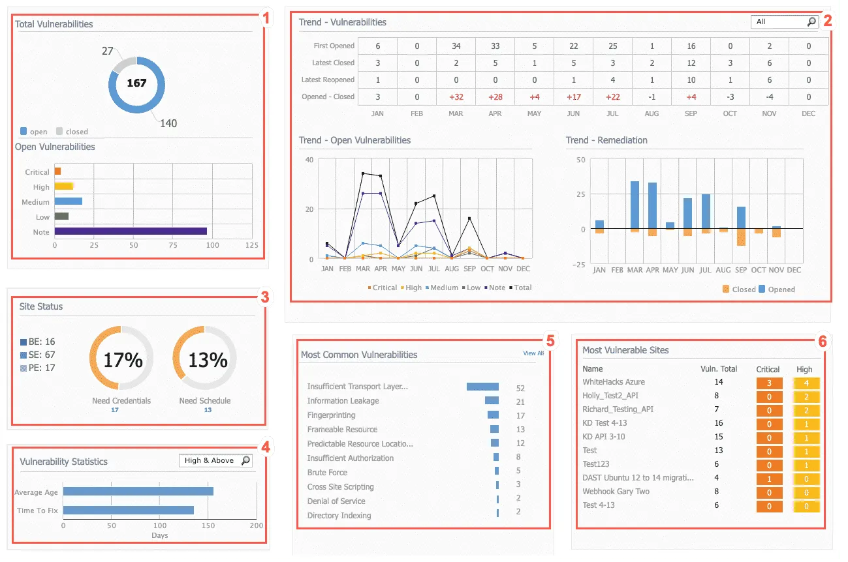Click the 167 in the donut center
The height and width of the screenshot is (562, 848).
click(x=136, y=83)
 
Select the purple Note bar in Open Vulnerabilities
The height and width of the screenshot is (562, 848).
click(x=131, y=231)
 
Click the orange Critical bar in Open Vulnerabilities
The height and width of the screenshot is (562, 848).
click(x=57, y=171)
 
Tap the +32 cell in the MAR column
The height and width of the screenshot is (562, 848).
click(x=456, y=96)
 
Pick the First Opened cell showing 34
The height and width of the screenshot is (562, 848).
click(x=456, y=46)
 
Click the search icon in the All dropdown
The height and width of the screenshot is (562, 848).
click(x=811, y=22)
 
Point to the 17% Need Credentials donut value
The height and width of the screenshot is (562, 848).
click(x=123, y=359)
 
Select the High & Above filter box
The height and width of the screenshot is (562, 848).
click(x=215, y=460)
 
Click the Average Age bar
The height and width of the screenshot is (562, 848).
click(x=138, y=492)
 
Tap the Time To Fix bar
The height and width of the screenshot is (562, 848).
click(x=128, y=510)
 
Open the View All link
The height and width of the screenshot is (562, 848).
click(x=533, y=353)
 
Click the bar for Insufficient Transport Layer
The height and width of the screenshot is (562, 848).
click(x=482, y=387)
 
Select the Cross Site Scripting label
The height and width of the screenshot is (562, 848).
click(x=340, y=487)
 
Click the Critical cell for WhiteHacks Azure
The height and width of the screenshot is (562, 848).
click(x=769, y=383)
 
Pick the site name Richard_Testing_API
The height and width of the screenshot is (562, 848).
click(x=618, y=409)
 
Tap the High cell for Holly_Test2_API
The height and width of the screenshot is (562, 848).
click(x=806, y=396)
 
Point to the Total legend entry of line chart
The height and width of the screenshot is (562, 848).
click(x=522, y=288)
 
